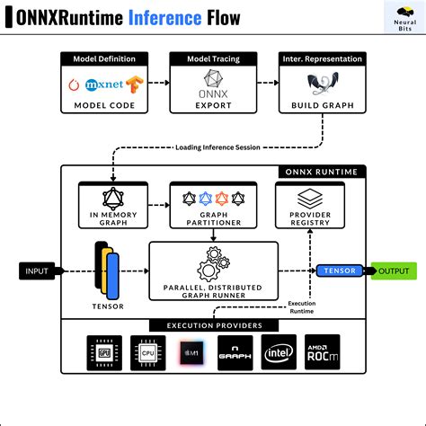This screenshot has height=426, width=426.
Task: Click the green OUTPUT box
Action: point(394,271)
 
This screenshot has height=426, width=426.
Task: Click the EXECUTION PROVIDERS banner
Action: point(213,324)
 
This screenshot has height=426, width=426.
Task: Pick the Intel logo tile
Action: point(279,353)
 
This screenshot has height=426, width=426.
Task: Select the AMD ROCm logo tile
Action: point(322,353)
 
